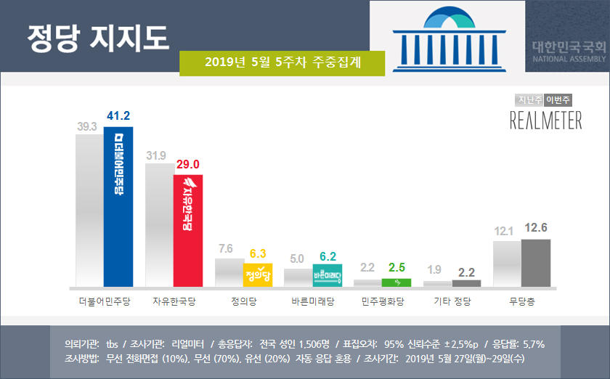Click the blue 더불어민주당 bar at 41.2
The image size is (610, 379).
click(118, 206)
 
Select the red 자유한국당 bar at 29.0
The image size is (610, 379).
click(187, 230)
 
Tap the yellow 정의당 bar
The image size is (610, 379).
click(257, 274)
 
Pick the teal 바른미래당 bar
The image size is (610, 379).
click(327, 275)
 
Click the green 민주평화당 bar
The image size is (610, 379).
click(396, 282)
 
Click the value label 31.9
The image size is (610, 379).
click(158, 155)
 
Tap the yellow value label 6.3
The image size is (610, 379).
click(259, 253)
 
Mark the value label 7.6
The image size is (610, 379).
click(227, 249)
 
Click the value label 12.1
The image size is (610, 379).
click(504, 232)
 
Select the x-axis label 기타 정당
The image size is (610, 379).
click(452, 301)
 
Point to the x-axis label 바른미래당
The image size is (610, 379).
click(313, 301)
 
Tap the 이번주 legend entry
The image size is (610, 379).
click(558, 100)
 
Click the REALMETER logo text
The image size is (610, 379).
click(545, 120)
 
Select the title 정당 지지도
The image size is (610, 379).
click(97, 36)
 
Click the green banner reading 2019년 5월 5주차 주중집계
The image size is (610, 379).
click(282, 62)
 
